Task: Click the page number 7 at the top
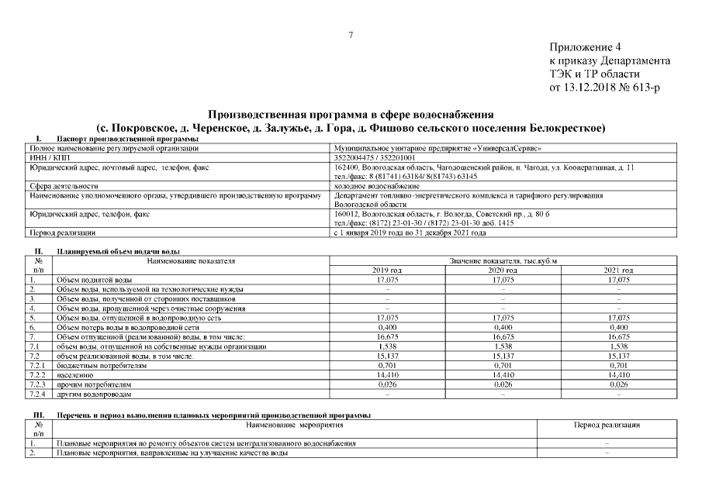[351, 35]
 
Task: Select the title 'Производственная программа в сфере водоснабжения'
[351, 114]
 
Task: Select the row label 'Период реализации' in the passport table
[61, 232]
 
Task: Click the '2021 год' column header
[618, 269]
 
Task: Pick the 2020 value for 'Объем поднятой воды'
[503, 278]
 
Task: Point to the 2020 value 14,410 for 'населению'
[503, 374]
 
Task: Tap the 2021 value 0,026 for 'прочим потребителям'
[618, 384]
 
